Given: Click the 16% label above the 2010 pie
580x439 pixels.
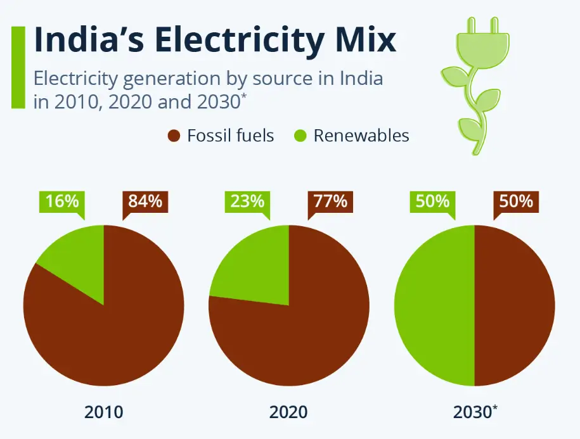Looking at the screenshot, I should click(x=62, y=201).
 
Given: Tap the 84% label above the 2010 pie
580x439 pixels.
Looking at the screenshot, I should click(x=145, y=201).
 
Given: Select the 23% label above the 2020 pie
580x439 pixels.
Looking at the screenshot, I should click(x=247, y=201).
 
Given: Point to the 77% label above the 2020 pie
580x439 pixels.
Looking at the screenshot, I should click(x=330, y=201).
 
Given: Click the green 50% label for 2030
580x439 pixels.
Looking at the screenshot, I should click(x=433, y=201).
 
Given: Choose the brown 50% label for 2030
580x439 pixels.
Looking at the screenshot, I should click(x=515, y=201).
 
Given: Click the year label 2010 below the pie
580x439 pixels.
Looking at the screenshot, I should click(x=103, y=412).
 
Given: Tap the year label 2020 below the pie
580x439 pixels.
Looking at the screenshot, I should click(x=288, y=412).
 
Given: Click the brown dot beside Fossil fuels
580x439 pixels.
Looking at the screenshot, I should click(x=174, y=136).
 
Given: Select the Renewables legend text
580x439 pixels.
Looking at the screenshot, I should click(x=361, y=136).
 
